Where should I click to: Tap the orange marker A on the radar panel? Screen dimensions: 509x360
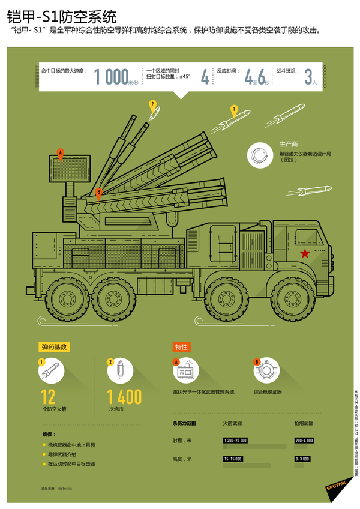coord(60,154)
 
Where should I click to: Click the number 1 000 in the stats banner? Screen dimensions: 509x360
coord(112,77)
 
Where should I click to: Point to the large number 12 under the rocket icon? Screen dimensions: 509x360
coord(49,397)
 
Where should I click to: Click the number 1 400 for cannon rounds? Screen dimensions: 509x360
coord(125,397)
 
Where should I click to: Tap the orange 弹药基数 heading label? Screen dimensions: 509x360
coord(55,347)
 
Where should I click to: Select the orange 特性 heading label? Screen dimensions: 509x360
coord(181,347)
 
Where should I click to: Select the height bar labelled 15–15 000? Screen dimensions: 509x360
coord(233,459)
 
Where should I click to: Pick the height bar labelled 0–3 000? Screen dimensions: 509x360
coord(302,459)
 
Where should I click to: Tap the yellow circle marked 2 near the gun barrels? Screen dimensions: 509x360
coord(152,104)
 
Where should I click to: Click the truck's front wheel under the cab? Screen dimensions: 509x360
coord(291,299)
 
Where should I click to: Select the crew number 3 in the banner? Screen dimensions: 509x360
coord(308,77)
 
